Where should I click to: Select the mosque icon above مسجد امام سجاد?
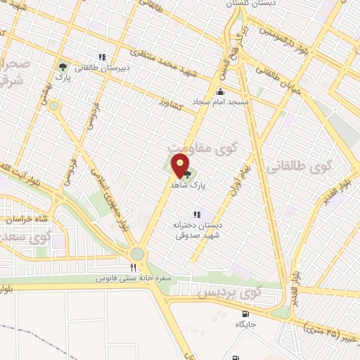(x=220, y=91)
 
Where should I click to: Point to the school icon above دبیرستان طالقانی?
(x=102, y=57)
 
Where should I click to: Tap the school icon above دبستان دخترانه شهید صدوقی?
(x=197, y=214)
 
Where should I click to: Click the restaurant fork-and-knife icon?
(x=132, y=266)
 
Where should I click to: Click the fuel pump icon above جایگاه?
(x=245, y=314)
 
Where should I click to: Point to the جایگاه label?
(x=245, y=326)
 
